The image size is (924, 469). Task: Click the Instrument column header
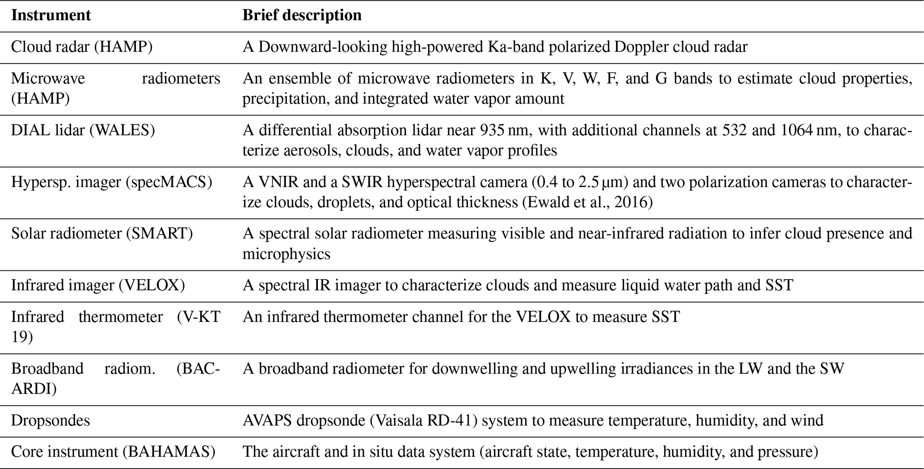51,16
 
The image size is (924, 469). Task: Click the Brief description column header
302,16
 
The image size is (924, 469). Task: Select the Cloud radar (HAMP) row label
82,47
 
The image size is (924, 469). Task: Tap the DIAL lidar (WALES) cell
83,130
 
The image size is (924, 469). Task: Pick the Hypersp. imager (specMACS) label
111,182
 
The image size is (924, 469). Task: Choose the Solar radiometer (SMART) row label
102,234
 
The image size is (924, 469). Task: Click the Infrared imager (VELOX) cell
98,286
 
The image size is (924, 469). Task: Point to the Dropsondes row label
51,421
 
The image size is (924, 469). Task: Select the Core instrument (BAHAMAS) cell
113,452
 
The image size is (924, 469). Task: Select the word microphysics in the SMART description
286,254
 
